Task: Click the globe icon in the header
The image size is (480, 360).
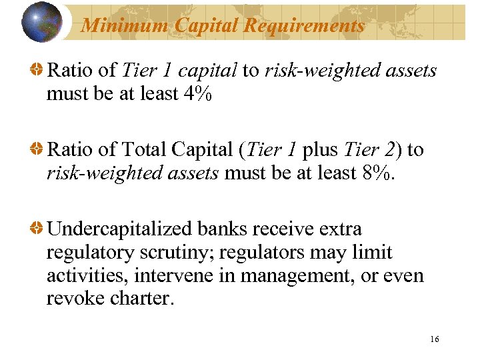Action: point(41,22)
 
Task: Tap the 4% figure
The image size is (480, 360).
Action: point(197,94)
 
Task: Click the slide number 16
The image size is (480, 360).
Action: point(435,339)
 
